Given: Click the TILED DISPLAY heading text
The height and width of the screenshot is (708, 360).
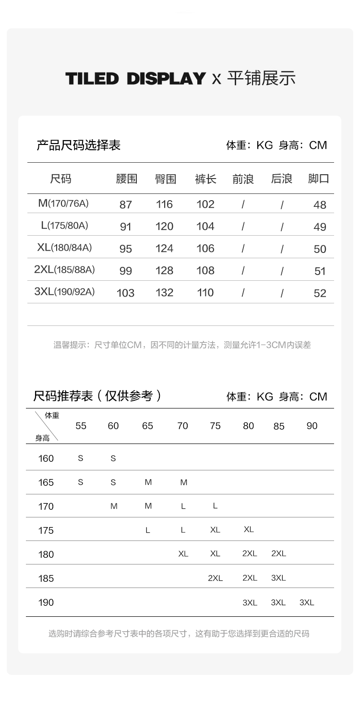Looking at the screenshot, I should (x=135, y=78).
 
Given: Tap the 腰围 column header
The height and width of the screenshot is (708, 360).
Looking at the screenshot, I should (x=126, y=179).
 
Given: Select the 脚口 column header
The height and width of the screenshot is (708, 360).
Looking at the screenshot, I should (x=319, y=179).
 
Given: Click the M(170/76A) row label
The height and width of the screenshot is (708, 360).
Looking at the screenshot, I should (x=63, y=204).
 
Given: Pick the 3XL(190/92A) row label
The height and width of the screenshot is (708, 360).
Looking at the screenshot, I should (x=64, y=292).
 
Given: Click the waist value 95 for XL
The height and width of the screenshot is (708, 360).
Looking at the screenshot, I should (x=125, y=249).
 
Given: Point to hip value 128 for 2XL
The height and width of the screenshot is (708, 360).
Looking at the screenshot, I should (x=164, y=271).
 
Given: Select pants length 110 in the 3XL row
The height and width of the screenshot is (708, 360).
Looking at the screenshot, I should (x=205, y=293).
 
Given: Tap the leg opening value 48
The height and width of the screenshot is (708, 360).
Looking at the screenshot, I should (x=320, y=205).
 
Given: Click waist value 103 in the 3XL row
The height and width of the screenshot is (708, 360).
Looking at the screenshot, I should (x=125, y=293).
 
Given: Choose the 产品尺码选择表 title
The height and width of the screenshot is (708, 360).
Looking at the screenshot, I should (x=78, y=145).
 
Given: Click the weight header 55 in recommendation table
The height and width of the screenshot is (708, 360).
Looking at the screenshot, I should (x=81, y=426).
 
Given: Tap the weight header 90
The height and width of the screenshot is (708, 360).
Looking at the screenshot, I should (x=312, y=426).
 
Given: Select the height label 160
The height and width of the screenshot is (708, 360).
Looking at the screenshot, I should (x=46, y=458).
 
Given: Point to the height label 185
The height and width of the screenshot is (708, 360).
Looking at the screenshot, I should (x=46, y=578).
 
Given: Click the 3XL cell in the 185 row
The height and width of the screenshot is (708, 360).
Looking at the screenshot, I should (x=278, y=578).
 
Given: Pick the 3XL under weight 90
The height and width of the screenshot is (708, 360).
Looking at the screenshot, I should (x=307, y=602).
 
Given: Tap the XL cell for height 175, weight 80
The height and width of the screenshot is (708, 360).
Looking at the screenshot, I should (x=249, y=529).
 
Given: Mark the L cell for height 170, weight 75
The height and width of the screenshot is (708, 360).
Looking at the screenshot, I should (x=215, y=506).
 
